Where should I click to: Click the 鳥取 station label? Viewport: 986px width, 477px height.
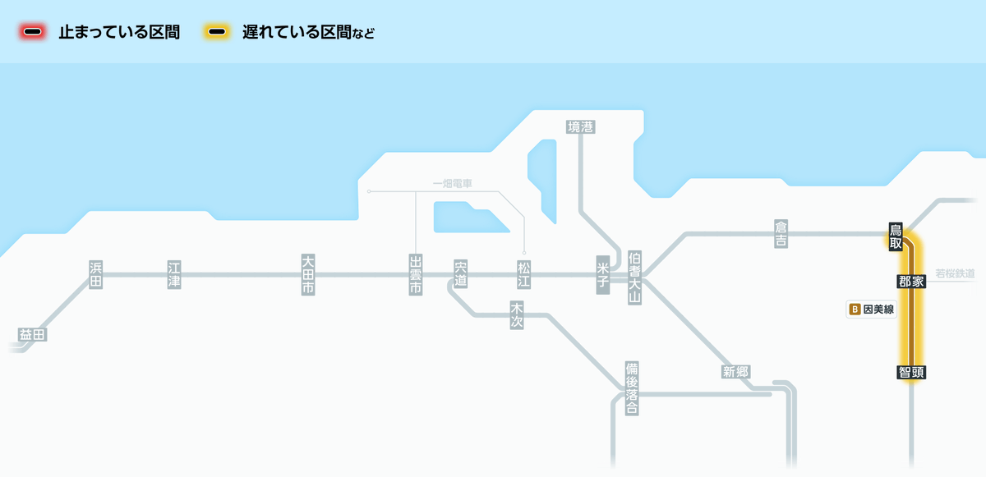pos(896,236)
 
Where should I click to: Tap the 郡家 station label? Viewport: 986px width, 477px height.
pos(912,281)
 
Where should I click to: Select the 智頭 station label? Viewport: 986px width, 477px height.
pos(912,372)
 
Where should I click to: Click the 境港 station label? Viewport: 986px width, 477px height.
pos(580,126)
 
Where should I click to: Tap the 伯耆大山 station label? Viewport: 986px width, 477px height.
pos(634,277)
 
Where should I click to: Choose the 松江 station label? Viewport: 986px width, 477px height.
pos(523,274)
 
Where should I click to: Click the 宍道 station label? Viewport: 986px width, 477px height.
pos(460,274)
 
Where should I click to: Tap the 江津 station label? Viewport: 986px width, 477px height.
pos(173,274)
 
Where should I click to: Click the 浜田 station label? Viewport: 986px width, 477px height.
pos(96,274)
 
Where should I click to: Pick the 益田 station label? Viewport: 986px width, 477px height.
pos(33,334)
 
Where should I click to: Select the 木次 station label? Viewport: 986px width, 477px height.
pos(517,314)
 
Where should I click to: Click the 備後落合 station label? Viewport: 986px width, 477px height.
pos(631,388)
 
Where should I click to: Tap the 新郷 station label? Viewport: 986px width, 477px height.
pos(735,371)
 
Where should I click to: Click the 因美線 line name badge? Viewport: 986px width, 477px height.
pos(871,310)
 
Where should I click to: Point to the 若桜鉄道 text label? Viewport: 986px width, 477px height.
pos(955,273)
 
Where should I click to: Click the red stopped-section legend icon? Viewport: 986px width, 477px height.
pos(34,32)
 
